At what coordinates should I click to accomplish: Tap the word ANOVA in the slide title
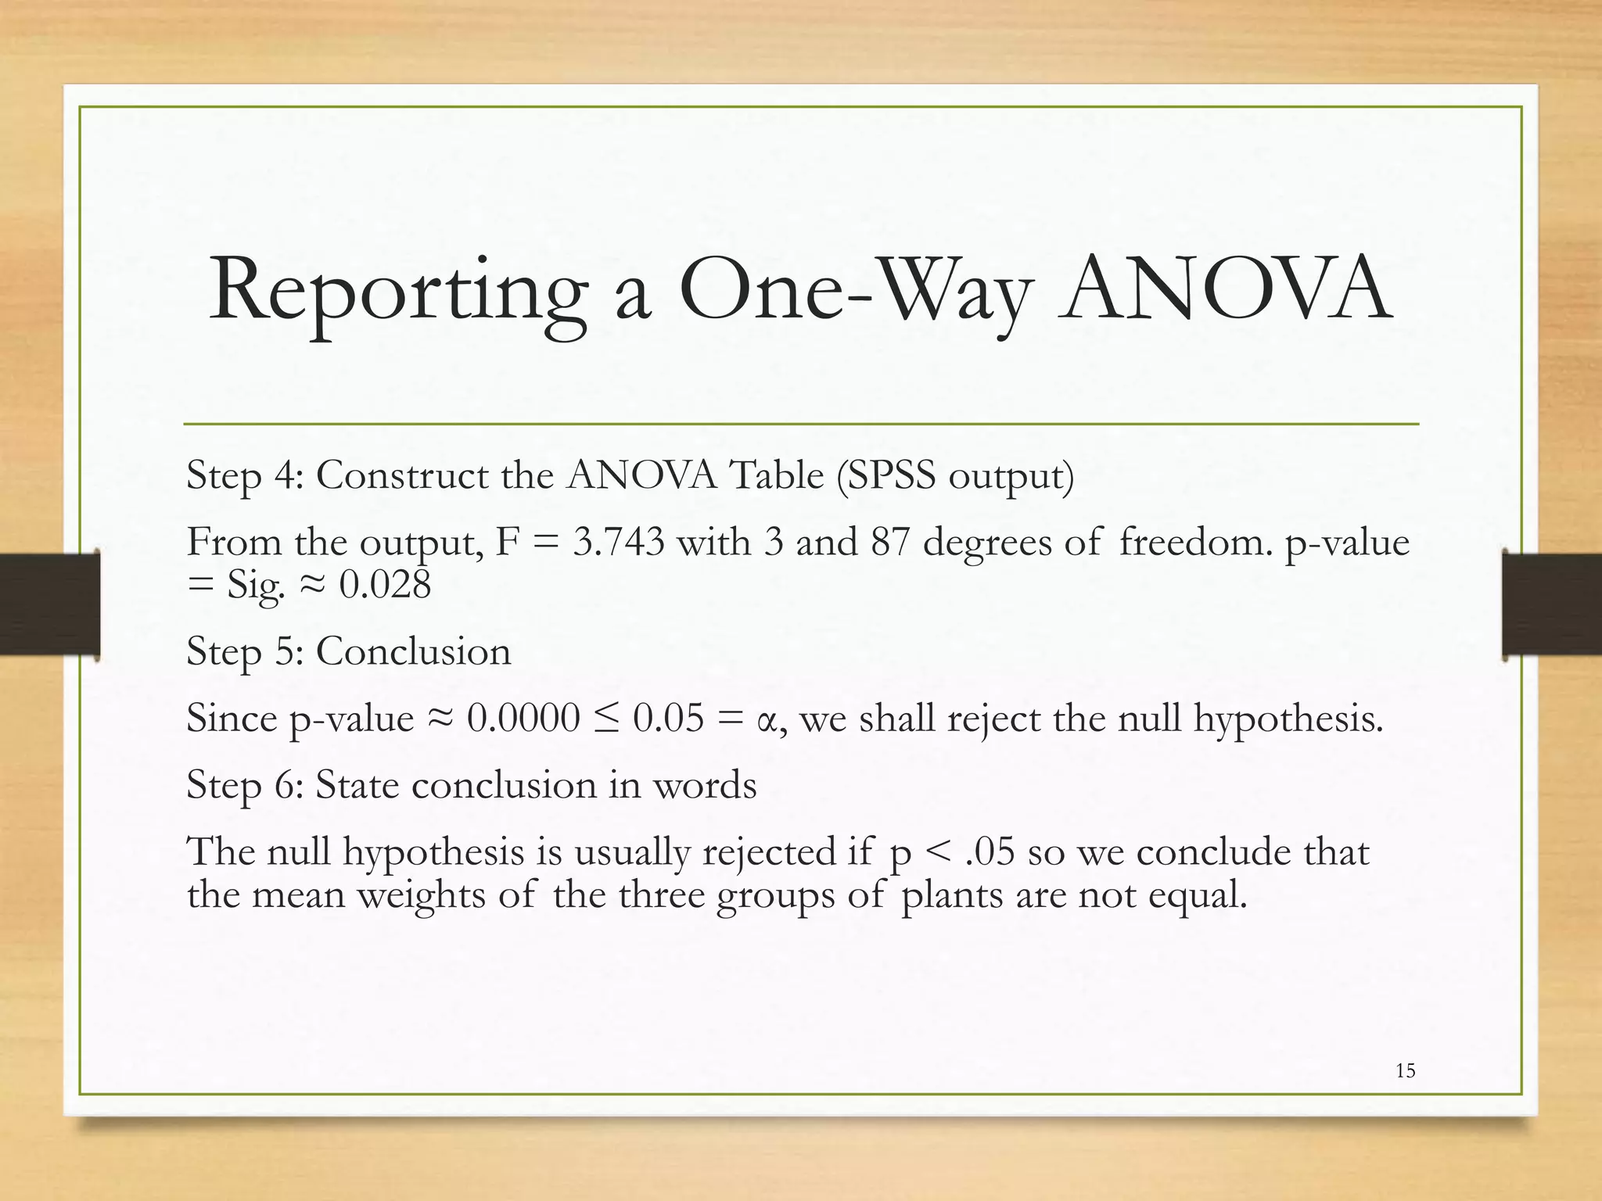[1225, 289]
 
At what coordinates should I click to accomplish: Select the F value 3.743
[618, 542]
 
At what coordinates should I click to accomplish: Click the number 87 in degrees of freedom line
[890, 542]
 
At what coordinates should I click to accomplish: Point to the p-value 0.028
[385, 585]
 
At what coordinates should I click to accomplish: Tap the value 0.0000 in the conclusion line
[523, 718]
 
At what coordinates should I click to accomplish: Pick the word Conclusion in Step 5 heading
[413, 651]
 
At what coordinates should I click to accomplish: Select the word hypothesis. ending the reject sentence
[1288, 718]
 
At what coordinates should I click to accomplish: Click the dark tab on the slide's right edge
[1553, 604]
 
